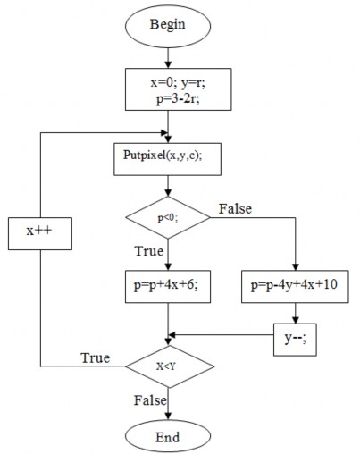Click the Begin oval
(168, 24)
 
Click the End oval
(168, 436)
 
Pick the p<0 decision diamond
(168, 216)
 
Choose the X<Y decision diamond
(168, 366)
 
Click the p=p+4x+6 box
(168, 287)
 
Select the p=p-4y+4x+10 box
(294, 287)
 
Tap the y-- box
(294, 338)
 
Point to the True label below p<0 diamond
(148, 252)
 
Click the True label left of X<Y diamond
(95, 357)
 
